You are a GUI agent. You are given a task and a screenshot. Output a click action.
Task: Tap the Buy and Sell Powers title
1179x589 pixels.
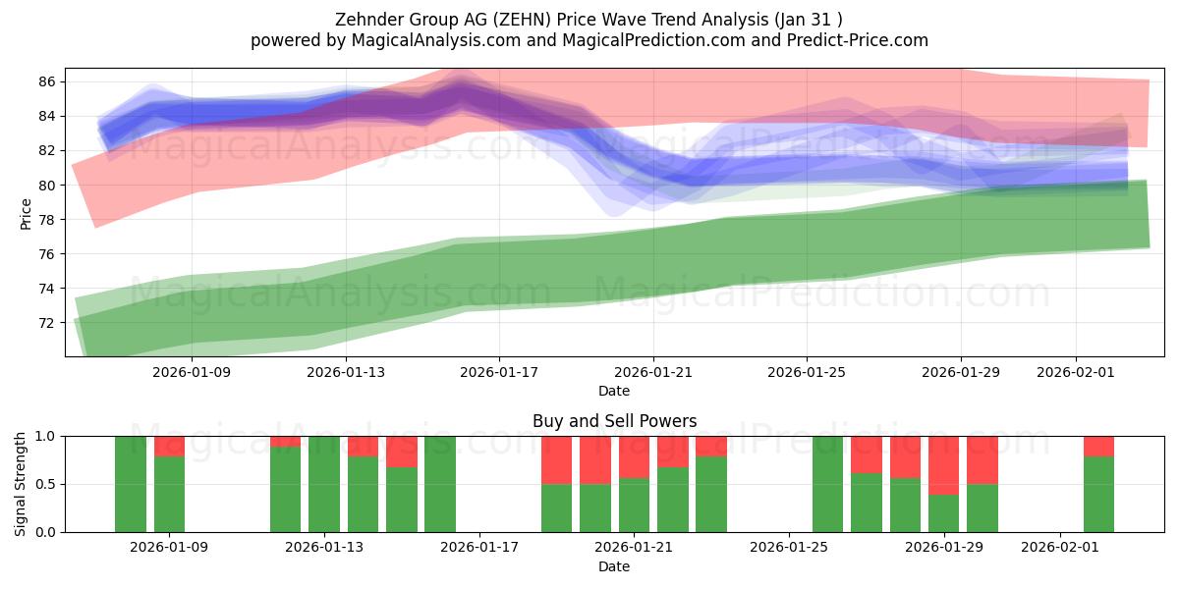(x=614, y=421)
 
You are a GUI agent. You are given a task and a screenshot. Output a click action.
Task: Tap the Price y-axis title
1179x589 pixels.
(x=26, y=213)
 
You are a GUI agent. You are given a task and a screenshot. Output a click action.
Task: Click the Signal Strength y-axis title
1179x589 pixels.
(x=21, y=483)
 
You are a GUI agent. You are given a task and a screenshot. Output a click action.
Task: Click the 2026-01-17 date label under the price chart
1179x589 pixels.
(x=499, y=372)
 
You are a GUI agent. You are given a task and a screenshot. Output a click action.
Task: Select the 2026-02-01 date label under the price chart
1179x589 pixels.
(x=1075, y=372)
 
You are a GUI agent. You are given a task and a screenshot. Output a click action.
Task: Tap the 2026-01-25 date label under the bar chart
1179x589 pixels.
(x=789, y=548)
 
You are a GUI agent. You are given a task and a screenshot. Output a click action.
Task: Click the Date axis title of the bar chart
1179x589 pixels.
(x=614, y=566)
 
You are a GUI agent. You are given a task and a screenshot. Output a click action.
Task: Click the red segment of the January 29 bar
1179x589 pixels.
(x=943, y=464)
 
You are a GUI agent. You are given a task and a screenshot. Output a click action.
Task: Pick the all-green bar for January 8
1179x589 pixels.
(x=131, y=484)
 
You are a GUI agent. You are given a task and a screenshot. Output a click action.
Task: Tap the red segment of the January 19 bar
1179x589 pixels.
(x=556, y=459)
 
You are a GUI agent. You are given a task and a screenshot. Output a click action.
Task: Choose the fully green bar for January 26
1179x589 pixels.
(x=827, y=484)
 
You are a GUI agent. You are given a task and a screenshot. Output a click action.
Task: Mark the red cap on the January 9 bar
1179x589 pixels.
(x=169, y=446)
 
